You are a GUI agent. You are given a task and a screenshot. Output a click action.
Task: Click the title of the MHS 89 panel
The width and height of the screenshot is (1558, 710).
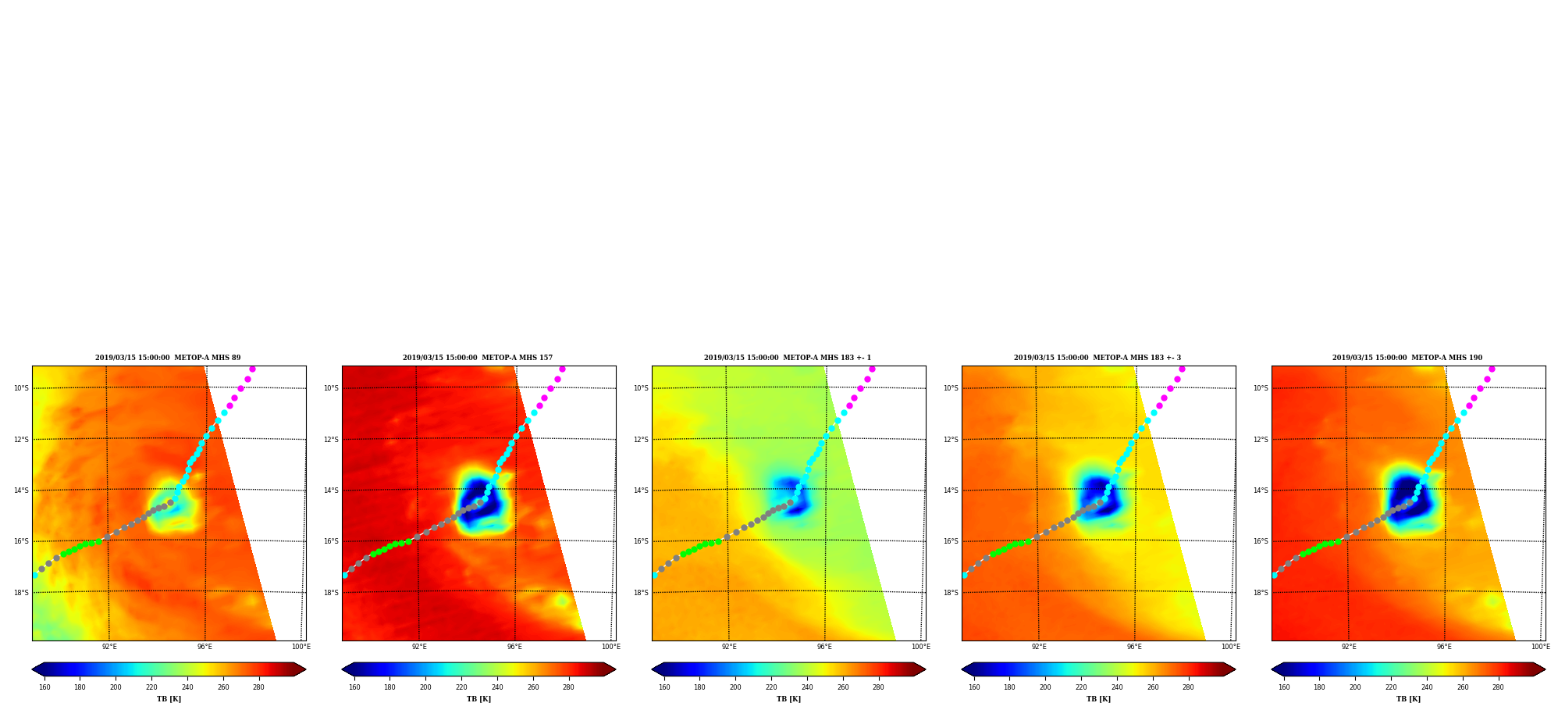(x=168, y=358)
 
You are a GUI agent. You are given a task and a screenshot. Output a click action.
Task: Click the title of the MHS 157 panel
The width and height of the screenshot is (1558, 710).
(x=478, y=358)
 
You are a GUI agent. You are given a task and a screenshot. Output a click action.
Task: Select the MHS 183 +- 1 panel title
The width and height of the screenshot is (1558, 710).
(x=788, y=358)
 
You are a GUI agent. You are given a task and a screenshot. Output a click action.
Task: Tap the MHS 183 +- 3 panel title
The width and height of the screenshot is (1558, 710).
(x=1097, y=358)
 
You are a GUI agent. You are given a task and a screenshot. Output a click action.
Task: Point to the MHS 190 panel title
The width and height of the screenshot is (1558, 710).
(x=1407, y=358)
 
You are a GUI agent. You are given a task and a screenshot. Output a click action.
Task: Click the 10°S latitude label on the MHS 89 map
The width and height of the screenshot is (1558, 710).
(x=21, y=388)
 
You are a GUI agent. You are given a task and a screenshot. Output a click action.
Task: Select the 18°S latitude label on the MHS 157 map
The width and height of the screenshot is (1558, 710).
(x=331, y=593)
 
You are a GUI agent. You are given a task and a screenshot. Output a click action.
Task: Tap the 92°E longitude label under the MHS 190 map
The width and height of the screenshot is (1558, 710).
(x=1349, y=647)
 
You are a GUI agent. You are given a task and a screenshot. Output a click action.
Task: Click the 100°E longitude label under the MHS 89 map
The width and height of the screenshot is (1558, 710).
(x=301, y=647)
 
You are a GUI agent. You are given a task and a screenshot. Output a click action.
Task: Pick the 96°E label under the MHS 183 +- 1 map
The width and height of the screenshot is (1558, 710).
(x=825, y=647)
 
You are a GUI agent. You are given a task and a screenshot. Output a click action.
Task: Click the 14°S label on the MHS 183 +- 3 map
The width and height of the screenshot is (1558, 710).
(x=951, y=491)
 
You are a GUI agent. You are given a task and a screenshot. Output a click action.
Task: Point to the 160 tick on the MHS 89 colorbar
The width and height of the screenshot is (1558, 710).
(x=44, y=687)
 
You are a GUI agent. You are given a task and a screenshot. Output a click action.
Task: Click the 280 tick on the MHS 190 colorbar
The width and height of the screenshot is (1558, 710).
(x=1498, y=687)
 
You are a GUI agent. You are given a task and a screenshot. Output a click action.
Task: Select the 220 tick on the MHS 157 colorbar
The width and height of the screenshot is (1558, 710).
(x=461, y=687)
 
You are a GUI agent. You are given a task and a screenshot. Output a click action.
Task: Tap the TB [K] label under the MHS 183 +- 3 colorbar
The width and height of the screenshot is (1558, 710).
(x=1098, y=699)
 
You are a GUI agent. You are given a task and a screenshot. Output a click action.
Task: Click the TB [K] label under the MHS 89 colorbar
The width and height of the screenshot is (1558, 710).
(x=169, y=699)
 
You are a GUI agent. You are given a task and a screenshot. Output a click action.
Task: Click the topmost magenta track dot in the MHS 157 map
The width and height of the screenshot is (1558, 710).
(x=562, y=369)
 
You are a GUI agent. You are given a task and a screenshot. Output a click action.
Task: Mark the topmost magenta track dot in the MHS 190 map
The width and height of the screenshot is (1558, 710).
(x=1492, y=369)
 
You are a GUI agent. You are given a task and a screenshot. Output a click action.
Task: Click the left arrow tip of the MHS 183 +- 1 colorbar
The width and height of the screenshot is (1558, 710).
(x=652, y=669)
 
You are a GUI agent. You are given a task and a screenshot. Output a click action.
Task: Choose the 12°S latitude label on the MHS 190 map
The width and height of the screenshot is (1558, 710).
(x=1261, y=440)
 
